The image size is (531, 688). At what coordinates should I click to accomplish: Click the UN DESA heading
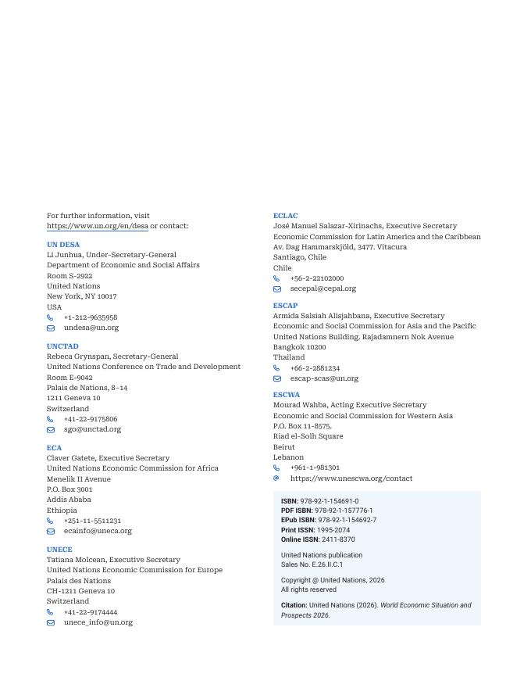point(63,244)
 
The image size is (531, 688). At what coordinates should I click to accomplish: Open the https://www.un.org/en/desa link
point(98,226)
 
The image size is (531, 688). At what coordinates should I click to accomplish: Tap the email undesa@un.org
point(91,328)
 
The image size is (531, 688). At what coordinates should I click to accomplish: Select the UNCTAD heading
point(62,346)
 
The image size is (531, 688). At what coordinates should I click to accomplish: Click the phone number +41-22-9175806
point(91,419)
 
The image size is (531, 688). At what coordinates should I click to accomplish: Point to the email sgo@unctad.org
point(92,429)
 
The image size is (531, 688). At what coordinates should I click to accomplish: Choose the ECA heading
point(54,448)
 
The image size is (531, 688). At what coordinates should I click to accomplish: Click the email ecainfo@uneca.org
point(98,531)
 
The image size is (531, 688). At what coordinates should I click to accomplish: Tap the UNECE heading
point(59,549)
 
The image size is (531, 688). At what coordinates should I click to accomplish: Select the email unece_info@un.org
point(98,622)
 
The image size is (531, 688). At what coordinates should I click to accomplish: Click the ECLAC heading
point(285,215)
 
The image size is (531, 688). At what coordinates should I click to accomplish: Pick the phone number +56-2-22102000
point(317,278)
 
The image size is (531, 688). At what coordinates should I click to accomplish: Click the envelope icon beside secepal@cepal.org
point(277,288)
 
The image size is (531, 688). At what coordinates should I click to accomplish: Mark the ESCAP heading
point(285,306)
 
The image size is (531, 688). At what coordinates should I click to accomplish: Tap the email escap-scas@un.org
point(324,378)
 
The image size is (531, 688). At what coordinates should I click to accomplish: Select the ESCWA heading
point(287,395)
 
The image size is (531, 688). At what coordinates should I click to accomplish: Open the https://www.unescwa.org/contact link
point(351,478)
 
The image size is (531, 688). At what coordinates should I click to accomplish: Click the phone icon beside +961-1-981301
point(276,468)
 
